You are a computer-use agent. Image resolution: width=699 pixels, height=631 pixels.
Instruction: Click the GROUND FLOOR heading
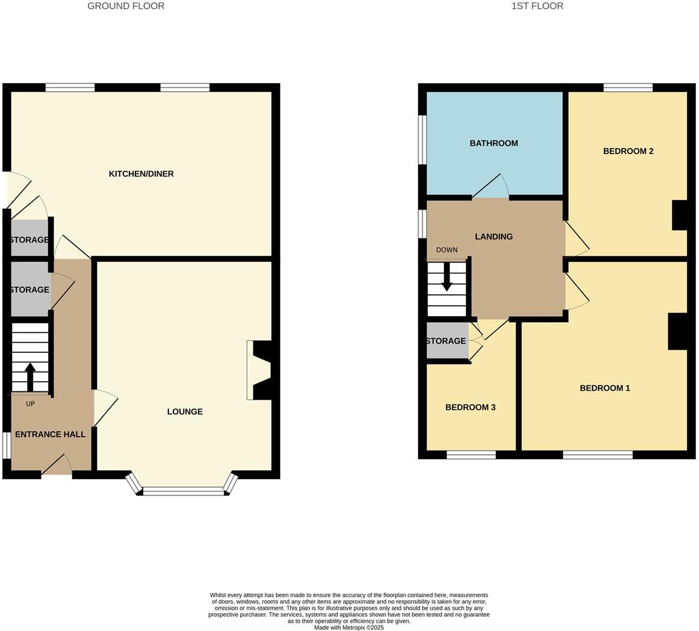coord(126,6)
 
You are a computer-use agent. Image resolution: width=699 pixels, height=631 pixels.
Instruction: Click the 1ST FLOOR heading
coord(537,6)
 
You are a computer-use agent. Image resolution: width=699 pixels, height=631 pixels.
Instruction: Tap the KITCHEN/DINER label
coord(141,174)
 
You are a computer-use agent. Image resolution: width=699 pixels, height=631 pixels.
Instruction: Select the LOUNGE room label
coord(185,412)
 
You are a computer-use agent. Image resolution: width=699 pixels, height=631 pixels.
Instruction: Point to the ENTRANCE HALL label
coord(50,434)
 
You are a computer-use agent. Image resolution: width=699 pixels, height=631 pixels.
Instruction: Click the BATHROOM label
coord(494,143)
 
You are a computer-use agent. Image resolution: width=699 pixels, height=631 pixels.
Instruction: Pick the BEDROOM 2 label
coord(628,151)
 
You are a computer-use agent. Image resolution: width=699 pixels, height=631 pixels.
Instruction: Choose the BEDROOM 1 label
coord(604,388)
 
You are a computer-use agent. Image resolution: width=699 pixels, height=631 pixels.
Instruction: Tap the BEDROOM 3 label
coord(470,408)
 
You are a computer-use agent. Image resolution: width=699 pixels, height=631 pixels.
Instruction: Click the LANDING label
coord(494,237)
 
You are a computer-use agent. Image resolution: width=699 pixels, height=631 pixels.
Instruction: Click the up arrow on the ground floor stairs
coord(30,376)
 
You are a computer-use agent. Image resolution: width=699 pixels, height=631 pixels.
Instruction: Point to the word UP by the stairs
coord(30,404)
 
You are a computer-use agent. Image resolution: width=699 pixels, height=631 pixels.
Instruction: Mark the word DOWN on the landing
coord(447,250)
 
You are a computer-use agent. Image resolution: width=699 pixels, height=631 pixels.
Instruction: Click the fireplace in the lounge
coord(260,370)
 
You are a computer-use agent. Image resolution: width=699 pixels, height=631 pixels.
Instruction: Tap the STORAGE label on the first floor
coord(446,341)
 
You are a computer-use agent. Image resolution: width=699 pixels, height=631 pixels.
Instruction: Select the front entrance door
coord(57,465)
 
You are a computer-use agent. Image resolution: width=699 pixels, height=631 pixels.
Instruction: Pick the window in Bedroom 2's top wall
coord(627,88)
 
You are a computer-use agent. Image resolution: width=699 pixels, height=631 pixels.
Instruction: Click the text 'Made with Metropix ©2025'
coord(349,627)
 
